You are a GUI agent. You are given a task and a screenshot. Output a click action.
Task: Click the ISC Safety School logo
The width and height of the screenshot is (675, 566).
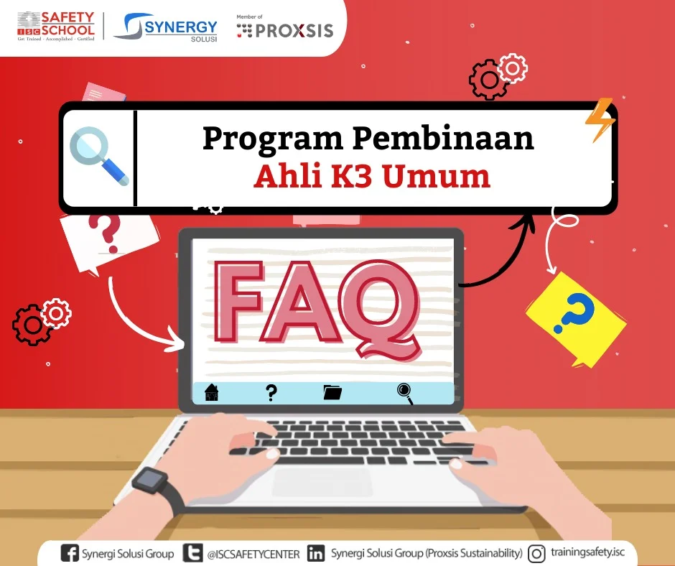56,27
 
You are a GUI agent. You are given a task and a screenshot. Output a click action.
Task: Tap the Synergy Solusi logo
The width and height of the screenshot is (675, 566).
166,27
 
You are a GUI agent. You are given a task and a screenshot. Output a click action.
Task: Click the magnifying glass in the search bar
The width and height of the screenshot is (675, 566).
99,156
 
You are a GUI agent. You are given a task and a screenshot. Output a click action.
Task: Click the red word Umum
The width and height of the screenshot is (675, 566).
436,176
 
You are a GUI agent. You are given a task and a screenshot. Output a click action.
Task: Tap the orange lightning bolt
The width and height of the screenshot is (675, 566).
600,120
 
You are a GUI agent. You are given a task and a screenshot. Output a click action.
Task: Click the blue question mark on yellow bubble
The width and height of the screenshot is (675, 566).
574,312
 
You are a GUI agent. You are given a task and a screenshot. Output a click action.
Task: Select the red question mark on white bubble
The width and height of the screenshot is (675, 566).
105,233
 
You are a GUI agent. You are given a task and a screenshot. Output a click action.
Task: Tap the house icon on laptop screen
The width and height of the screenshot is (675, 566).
212,392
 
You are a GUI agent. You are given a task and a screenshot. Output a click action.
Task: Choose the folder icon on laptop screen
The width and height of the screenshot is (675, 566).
332,392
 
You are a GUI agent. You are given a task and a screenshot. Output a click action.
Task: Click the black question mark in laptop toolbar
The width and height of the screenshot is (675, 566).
271,392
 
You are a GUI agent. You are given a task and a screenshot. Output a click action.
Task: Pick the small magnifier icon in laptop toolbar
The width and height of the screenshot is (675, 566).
405,394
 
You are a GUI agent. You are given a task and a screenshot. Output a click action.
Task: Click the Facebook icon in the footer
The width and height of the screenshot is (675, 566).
70,553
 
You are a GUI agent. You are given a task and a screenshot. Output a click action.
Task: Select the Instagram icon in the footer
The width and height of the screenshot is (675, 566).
536,554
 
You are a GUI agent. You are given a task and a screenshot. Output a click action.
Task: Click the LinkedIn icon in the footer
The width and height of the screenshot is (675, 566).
316,554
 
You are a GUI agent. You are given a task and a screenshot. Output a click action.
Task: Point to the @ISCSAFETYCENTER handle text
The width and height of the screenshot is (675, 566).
253,554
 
